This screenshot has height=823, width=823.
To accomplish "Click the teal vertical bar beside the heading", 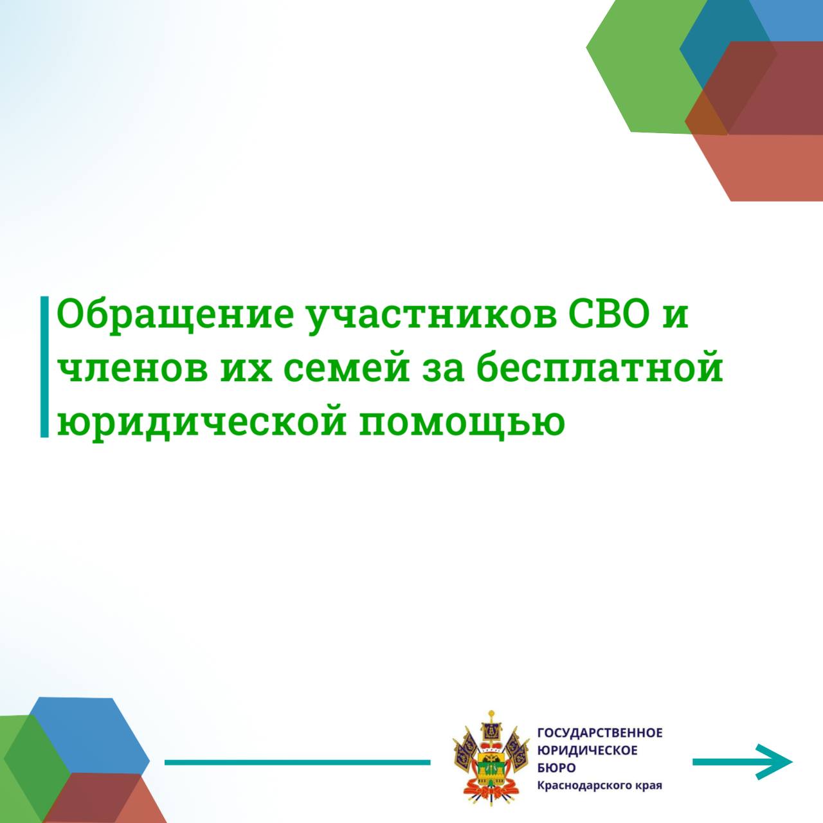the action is [x=44, y=367].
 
